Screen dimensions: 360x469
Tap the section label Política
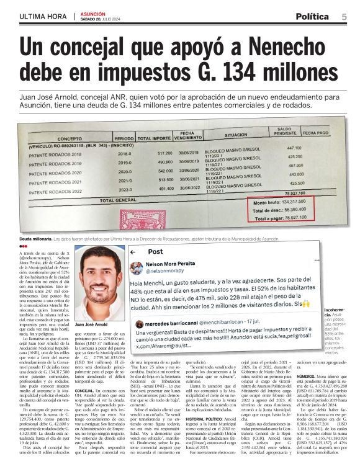[315, 16]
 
